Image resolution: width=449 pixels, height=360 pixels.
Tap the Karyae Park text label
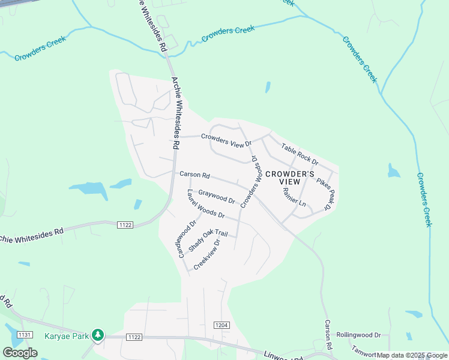point(66,335)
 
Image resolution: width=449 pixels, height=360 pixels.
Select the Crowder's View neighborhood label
point(290,179)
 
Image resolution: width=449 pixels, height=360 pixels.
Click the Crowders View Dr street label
point(226,140)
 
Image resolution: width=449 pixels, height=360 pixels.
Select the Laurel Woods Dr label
point(205,204)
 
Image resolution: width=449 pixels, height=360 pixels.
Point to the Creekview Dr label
point(207,254)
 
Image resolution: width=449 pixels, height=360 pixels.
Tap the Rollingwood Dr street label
point(359,335)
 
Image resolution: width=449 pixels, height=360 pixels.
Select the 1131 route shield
point(25,334)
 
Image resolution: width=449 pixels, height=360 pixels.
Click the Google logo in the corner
point(20,352)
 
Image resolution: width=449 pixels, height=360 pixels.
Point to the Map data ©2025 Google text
point(412,355)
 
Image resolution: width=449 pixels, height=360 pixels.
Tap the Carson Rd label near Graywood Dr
point(194,175)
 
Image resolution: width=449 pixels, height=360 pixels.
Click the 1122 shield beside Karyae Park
point(133,337)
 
